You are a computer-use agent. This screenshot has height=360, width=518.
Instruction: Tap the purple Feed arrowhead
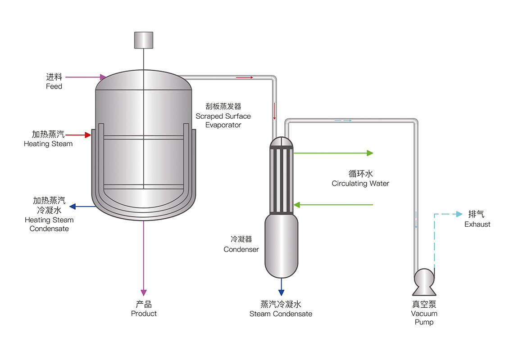tap(103, 77)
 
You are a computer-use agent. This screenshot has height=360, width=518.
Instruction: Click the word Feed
tap(54, 86)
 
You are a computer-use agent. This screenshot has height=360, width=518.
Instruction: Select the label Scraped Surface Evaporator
tap(223, 116)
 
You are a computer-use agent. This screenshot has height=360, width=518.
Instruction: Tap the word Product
tap(144, 313)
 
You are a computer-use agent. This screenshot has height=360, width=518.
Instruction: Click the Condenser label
tap(241, 249)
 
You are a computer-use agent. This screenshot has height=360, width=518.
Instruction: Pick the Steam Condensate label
tap(281, 314)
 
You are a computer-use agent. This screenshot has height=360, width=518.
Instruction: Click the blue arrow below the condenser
tap(281, 285)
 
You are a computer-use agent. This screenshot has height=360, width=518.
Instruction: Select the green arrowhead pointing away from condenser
tap(370, 153)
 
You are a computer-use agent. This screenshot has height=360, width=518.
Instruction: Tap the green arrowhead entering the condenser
tap(296, 205)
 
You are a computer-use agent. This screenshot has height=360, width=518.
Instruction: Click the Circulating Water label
tap(360, 183)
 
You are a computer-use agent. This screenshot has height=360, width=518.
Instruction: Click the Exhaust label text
tap(477, 224)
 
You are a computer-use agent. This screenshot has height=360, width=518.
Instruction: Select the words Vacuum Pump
tap(424, 318)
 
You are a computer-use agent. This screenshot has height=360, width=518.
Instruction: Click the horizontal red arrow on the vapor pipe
tap(245, 77)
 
